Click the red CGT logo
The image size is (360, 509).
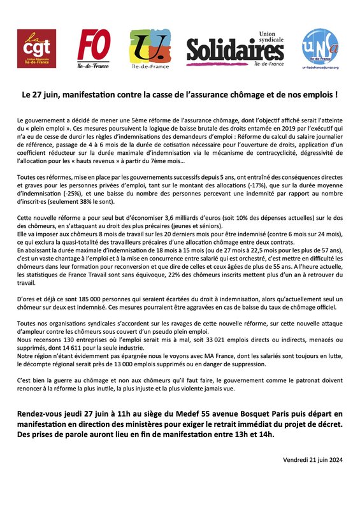(x=36, y=49)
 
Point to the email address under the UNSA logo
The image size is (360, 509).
(x=320, y=67)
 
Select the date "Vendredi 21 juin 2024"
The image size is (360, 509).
(x=312, y=460)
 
